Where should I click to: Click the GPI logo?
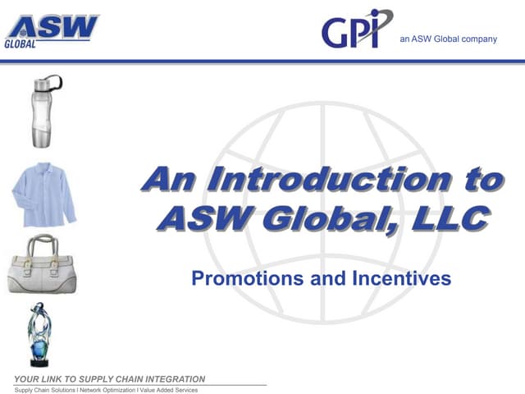click(356, 30)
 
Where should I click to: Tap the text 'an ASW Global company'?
click(448, 39)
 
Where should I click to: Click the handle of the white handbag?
click(40, 245)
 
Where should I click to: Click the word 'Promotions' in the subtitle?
click(243, 278)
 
